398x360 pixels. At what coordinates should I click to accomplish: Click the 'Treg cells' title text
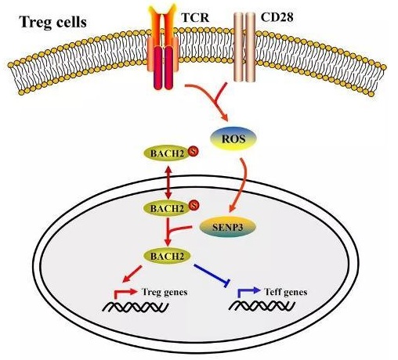pyautogui.click(x=53, y=22)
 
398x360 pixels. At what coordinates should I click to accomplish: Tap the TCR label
pyautogui.click(x=195, y=17)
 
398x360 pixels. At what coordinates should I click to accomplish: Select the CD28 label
pyautogui.click(x=277, y=17)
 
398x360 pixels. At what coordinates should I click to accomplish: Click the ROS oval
pyautogui.click(x=233, y=139)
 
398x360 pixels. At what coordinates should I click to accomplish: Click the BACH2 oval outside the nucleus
pyautogui.click(x=168, y=153)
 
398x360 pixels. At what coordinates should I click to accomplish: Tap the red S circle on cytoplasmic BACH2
pyautogui.click(x=194, y=151)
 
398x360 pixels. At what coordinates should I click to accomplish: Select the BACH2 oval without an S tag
pyautogui.click(x=167, y=256)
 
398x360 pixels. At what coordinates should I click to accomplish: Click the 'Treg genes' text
pyautogui.click(x=165, y=292)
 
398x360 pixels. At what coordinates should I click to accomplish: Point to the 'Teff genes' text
pyautogui.click(x=286, y=292)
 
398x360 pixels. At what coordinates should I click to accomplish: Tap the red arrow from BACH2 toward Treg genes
pyautogui.click(x=132, y=274)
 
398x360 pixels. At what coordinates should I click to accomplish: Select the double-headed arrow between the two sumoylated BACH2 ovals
pyautogui.click(x=168, y=182)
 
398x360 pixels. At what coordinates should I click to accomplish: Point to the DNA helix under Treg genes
pyautogui.click(x=136, y=307)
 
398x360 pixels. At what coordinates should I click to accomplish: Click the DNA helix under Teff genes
pyautogui.click(x=262, y=306)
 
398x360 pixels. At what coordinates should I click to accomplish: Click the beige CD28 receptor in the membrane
pyautogui.click(x=244, y=47)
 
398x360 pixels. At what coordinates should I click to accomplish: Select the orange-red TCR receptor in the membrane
pyautogui.click(x=163, y=47)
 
